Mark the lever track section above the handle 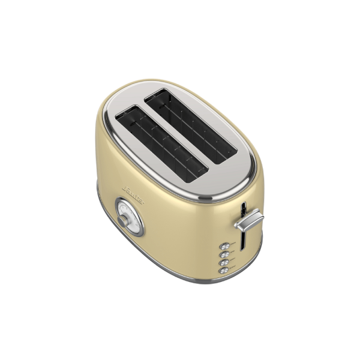pyautogui.click(x=242, y=208)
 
